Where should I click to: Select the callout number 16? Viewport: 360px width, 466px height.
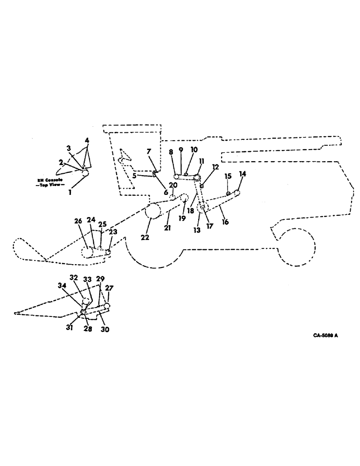(x=225, y=223)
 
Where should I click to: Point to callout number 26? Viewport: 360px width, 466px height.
(x=77, y=221)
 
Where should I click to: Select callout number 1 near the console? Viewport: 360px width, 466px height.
(x=70, y=192)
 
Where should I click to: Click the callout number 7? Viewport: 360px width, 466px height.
(x=149, y=152)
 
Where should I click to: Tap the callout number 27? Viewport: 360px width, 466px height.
(x=111, y=288)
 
